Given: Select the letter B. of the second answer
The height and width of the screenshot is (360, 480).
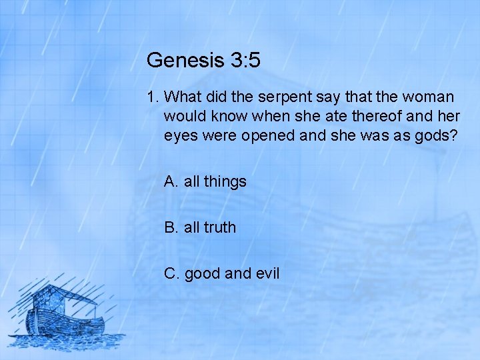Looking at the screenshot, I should pos(171,227).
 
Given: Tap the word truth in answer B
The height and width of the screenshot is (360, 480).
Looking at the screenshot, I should pos(219,227).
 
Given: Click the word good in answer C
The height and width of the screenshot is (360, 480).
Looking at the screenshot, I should pos(202,273).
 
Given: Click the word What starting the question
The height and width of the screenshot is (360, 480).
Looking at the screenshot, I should pos(183,97).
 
